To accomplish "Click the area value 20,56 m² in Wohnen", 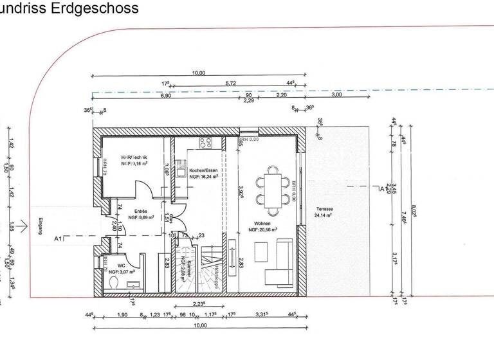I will tap(262, 229).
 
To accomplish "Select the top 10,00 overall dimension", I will tap(199, 73).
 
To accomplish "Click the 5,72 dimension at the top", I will tap(230, 84).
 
